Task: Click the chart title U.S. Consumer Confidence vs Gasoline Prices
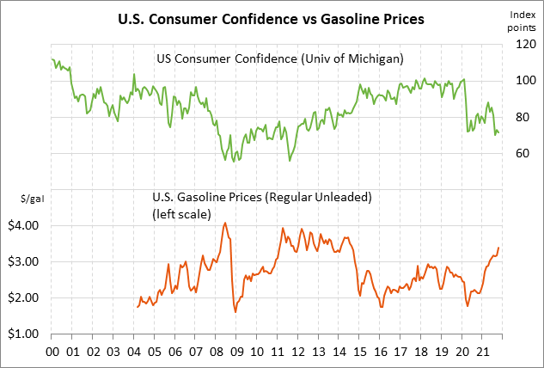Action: pyautogui.click(x=272, y=18)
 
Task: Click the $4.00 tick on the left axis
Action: pyautogui.click(x=25, y=225)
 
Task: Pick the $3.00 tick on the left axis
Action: pyautogui.click(x=25, y=261)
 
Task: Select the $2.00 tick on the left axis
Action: pyautogui.click(x=25, y=297)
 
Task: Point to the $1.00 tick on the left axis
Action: pyautogui.click(x=25, y=334)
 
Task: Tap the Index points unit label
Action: pyautogui.click(x=523, y=21)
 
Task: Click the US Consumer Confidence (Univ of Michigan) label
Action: pyautogui.click(x=279, y=58)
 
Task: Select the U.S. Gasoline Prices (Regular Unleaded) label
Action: pyautogui.click(x=261, y=197)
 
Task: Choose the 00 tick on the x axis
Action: pyautogui.click(x=51, y=352)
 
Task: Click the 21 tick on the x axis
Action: pyautogui.click(x=484, y=352)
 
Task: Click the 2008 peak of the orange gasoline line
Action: pyautogui.click(x=225, y=223)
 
